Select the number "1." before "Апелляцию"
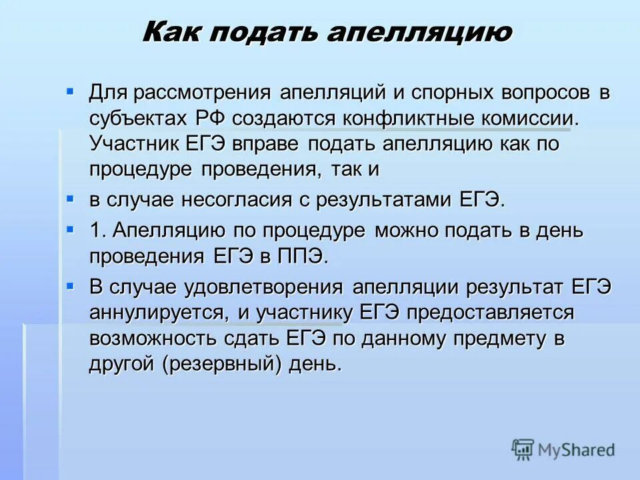click(x=98, y=231)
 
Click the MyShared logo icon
click(x=523, y=450)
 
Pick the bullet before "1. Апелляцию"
click(x=70, y=228)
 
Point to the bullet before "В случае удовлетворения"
click(x=70, y=284)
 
